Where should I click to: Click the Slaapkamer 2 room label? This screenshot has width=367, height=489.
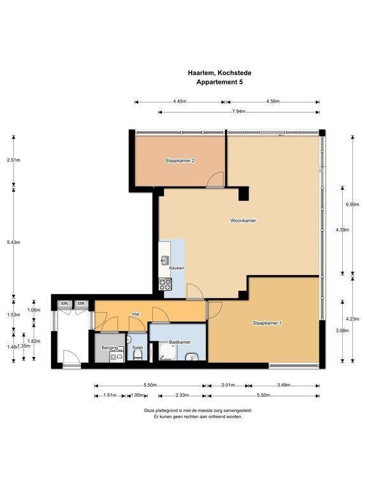pyautogui.click(x=180, y=160)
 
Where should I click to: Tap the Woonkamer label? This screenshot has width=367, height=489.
pyautogui.click(x=243, y=220)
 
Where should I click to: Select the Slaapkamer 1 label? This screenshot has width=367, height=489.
pyautogui.click(x=267, y=323)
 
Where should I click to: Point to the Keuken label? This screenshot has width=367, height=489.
pyautogui.click(x=176, y=268)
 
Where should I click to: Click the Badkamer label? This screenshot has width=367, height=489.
pyautogui.click(x=180, y=342)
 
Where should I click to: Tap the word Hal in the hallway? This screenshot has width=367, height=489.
pyautogui.click(x=136, y=314)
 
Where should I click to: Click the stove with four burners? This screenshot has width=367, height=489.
pyautogui.click(x=165, y=284)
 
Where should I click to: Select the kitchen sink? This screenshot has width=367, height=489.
pyautogui.click(x=165, y=260)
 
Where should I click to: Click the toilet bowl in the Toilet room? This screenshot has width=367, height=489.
pyautogui.click(x=138, y=355)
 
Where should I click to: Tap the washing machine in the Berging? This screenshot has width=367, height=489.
pyautogui.click(x=116, y=356)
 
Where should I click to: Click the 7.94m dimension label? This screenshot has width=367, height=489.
pyautogui.click(x=238, y=111)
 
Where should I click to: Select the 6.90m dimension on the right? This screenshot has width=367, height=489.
pyautogui.click(x=352, y=204)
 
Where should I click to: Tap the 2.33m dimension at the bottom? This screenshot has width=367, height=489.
pyautogui.click(x=182, y=395)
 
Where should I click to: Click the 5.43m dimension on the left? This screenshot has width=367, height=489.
pyautogui.click(x=13, y=243)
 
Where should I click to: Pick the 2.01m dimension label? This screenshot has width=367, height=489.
pyautogui.click(x=228, y=385)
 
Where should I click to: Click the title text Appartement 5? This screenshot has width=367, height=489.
pyautogui.click(x=219, y=82)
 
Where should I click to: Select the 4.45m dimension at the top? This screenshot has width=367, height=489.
pyautogui.click(x=180, y=101)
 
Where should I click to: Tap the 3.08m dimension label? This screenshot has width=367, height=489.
pyautogui.click(x=342, y=330)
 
